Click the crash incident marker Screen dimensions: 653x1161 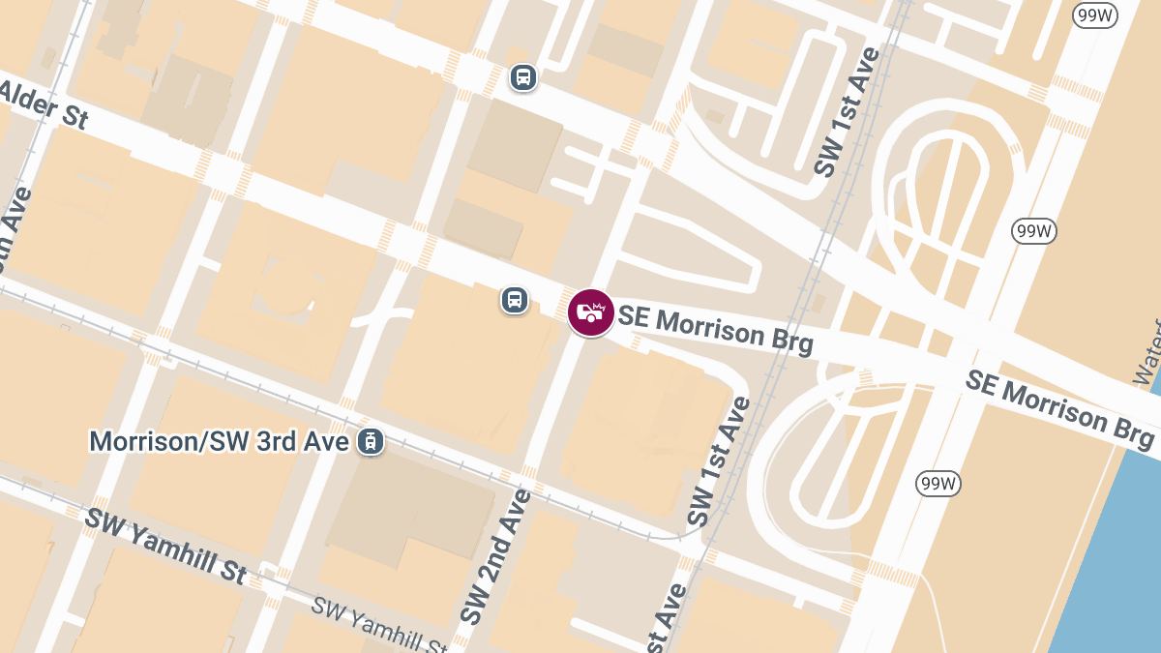pos(590,312)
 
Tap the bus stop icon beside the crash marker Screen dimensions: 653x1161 pos(515,300)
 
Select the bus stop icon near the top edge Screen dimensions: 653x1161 pos(522,76)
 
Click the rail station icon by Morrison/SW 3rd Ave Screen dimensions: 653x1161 pos(369,441)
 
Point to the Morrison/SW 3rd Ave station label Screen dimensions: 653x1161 pos(219,441)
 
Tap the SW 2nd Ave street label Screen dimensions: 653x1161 pos(494,555)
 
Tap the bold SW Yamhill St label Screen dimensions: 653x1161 pos(164,546)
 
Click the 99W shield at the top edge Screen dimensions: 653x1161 pos(1095,15)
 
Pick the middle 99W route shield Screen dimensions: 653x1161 pos(1034,231)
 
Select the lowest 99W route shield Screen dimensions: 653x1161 pos(938,484)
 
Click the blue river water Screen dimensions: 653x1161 pos(1113,561)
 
